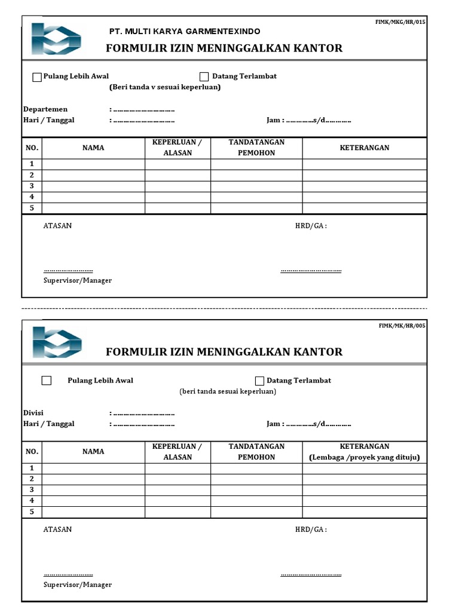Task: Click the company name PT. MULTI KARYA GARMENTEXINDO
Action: [x=184, y=32]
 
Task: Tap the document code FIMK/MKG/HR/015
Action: [x=400, y=22]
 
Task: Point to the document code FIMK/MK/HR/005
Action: [x=402, y=326]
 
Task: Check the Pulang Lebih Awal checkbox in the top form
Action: [x=37, y=77]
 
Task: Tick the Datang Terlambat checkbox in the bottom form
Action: [x=259, y=381]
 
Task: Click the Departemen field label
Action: [x=45, y=109]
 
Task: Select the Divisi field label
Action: [x=33, y=413]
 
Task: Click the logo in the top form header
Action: [x=56, y=39]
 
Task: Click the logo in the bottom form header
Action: [x=57, y=342]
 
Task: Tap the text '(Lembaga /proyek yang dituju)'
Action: [x=365, y=457]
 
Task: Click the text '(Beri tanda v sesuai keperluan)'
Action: [x=165, y=87]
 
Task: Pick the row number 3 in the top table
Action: [x=32, y=186]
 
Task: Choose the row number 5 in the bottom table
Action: [x=32, y=512]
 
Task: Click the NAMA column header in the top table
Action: [x=93, y=148]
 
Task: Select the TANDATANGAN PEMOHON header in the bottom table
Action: [x=256, y=452]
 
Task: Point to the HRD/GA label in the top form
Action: [x=311, y=226]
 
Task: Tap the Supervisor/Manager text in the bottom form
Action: [x=78, y=585]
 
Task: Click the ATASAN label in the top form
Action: [x=58, y=226]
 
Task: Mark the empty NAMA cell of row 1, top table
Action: [x=93, y=164]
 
